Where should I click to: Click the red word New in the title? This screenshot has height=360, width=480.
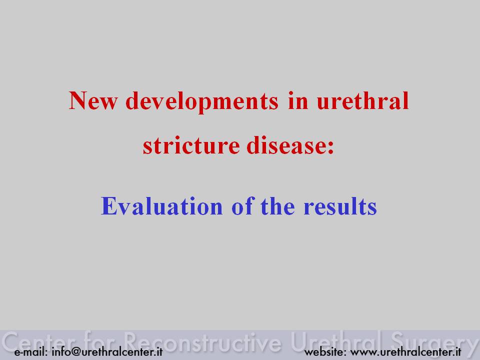pos(93,100)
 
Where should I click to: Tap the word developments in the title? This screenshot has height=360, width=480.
pos(202,101)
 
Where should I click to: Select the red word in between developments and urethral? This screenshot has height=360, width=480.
pos(298,100)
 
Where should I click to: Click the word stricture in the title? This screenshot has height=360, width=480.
pos(191,145)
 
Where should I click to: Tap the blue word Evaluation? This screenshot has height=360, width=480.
pos(161,205)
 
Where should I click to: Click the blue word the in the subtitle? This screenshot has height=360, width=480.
pos(277,205)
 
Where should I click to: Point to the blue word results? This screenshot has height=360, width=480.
pos(340,205)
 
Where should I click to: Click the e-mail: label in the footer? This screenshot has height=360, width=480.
pos(31,351)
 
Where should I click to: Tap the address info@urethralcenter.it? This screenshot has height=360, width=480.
pos(107,351)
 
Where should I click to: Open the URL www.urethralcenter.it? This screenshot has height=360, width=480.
pos(405,351)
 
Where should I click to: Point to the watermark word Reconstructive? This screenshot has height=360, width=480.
pos(202,342)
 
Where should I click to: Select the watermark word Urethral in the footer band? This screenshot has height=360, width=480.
pos(336,341)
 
